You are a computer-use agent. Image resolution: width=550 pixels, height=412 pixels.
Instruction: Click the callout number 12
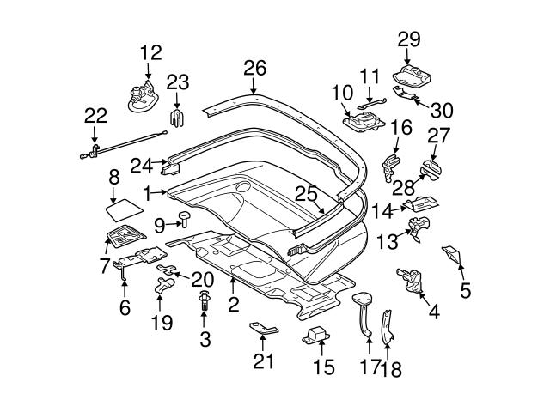[150, 53]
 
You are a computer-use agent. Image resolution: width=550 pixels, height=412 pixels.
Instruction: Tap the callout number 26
[255, 69]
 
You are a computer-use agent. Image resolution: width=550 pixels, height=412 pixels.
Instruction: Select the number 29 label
[410, 38]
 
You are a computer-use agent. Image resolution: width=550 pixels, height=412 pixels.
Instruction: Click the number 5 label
[465, 290]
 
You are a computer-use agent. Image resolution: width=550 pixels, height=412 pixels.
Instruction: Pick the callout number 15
[322, 368]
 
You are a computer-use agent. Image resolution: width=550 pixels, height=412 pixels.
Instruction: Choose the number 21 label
[264, 360]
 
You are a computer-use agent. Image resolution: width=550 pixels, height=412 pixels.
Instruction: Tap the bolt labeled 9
[185, 221]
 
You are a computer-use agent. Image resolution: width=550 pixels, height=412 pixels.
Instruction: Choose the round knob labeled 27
[431, 169]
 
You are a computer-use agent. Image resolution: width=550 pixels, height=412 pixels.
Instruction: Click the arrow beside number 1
[163, 192]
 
